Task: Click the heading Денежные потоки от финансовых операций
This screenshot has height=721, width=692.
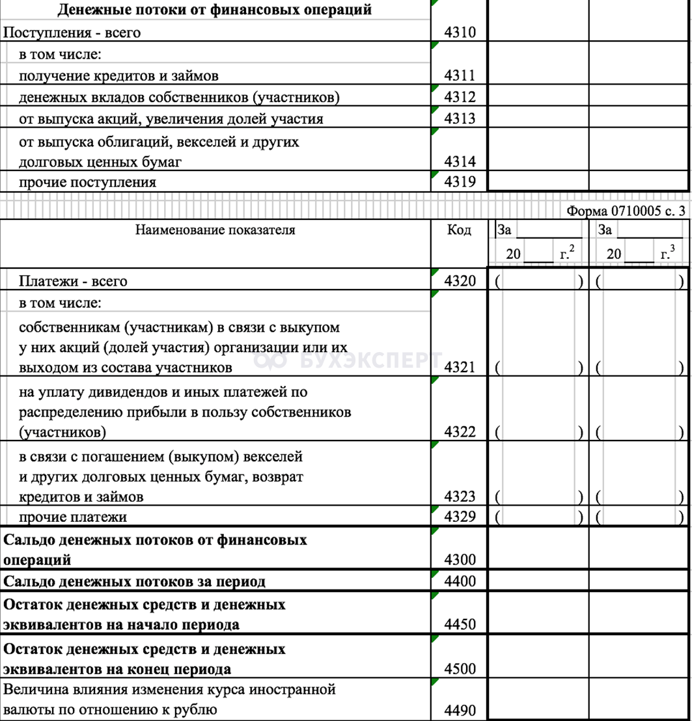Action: (215, 10)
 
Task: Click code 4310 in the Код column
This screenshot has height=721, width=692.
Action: (460, 33)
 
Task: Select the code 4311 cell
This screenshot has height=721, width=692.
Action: (460, 75)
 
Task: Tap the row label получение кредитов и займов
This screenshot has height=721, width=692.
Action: (118, 75)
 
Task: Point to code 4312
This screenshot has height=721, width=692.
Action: (460, 97)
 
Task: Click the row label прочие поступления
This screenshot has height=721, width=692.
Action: (87, 182)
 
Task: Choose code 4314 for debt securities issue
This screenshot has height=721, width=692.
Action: (460, 161)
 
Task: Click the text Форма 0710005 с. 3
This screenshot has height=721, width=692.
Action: (626, 211)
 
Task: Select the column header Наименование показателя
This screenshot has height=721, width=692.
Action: (215, 230)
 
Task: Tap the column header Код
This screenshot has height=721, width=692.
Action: (460, 230)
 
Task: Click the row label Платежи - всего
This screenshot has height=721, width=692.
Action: (73, 281)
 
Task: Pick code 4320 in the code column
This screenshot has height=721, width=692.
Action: (460, 281)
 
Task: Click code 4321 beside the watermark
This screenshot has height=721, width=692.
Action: (460, 368)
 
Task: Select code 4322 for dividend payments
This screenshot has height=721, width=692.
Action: (460, 432)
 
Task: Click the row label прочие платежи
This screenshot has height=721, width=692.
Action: (73, 517)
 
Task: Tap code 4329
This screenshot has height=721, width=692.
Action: (460, 517)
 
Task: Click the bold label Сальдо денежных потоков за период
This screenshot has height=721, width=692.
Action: (135, 581)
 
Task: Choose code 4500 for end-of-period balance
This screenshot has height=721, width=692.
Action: (460, 669)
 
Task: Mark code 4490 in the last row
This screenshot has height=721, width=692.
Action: (460, 710)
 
